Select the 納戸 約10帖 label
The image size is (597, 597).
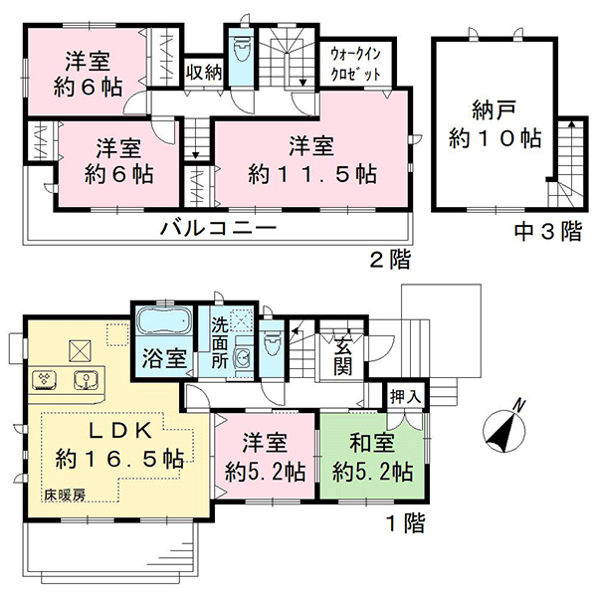(495, 124)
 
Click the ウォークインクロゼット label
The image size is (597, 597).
(355, 64)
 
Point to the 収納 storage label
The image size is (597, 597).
(204, 72)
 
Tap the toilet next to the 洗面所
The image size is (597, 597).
(271, 342)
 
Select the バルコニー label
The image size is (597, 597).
(218, 228)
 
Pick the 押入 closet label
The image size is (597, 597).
(406, 397)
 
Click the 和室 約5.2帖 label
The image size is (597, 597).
(372, 458)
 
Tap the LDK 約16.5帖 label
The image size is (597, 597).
(120, 445)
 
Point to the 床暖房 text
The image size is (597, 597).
(65, 495)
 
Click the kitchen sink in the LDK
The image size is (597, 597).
(86, 380)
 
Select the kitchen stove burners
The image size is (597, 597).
(45, 379)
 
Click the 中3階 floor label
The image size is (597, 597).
(548, 231)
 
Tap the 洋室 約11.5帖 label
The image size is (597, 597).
(312, 160)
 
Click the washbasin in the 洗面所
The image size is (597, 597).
(243, 358)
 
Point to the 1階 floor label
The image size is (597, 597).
(405, 523)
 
